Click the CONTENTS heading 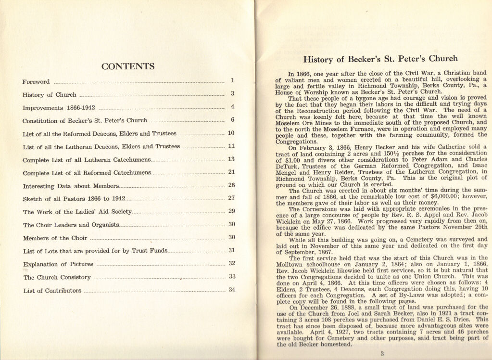(x=127, y=66)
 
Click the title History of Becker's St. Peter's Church (x=380, y=59)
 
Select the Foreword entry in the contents (x=36, y=81)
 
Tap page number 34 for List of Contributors (x=231, y=290)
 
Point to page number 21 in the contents (x=231, y=172)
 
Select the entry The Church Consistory (x=57, y=277)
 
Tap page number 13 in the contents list (x=231, y=159)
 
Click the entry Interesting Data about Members (x=71, y=186)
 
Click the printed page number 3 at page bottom (x=381, y=354)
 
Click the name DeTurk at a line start (x=287, y=166)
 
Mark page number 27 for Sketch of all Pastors (x=231, y=198)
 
